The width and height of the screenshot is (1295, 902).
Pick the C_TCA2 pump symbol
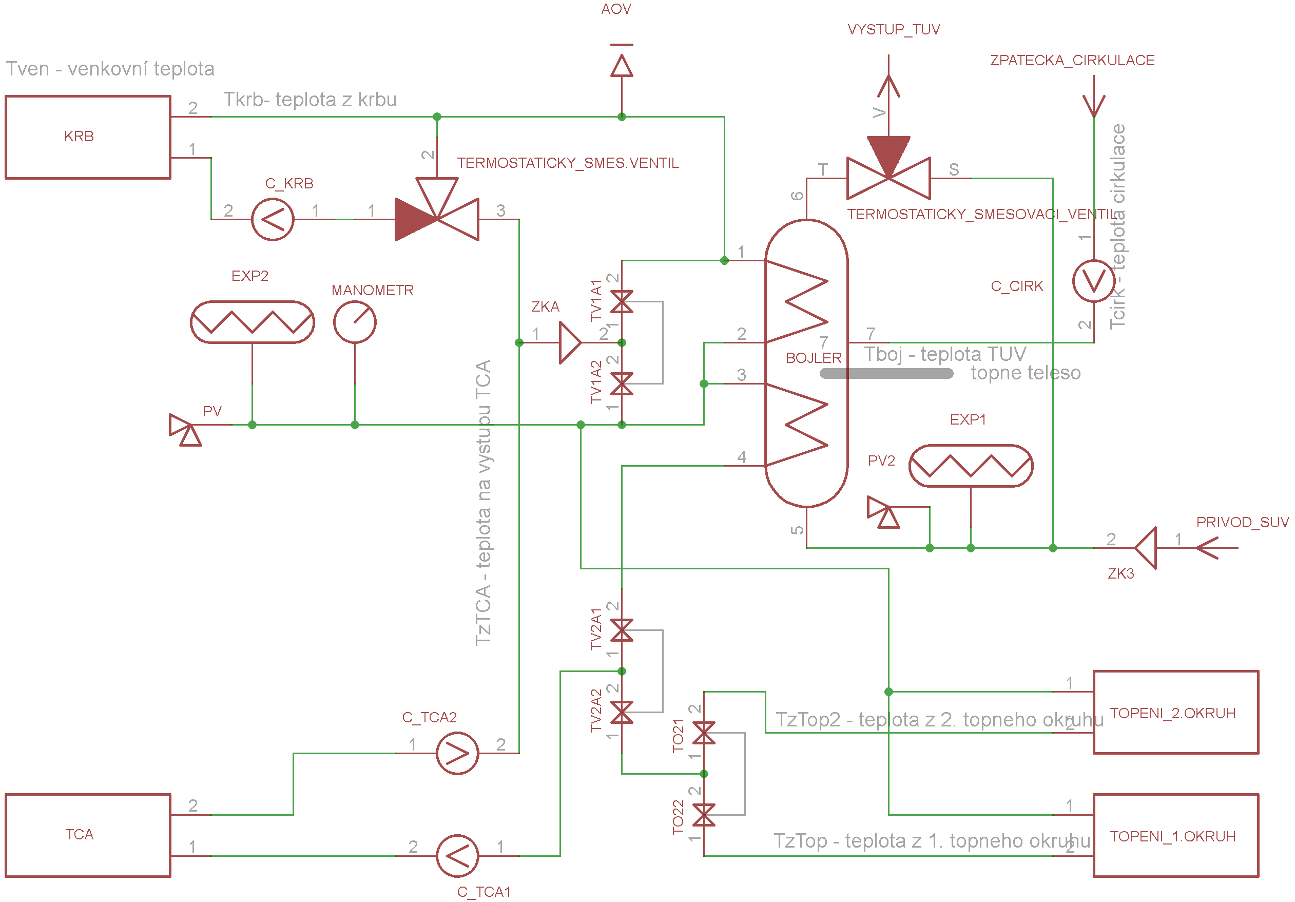(457, 753)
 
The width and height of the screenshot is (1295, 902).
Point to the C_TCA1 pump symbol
(457, 856)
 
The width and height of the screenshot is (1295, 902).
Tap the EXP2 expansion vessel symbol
(252, 322)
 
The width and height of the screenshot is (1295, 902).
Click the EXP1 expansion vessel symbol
(971, 466)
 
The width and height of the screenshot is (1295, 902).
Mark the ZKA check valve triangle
(570, 342)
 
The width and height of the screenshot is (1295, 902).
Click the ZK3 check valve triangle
(1146, 548)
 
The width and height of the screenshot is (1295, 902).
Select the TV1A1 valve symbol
(622, 302)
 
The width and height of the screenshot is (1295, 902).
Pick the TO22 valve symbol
(704, 815)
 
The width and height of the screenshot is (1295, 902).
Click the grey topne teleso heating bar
(886, 373)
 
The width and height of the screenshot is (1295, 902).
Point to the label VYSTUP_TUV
(894, 29)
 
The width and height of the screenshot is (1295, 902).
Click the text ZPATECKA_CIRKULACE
(1072, 61)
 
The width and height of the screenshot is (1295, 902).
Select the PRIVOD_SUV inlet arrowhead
(1207, 548)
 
